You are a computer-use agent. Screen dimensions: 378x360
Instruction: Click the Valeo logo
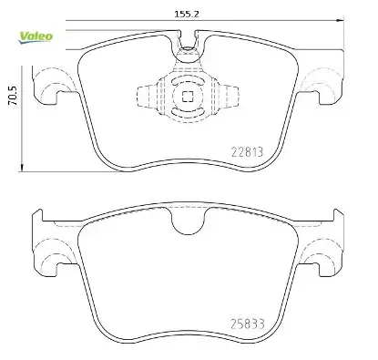tap(36, 37)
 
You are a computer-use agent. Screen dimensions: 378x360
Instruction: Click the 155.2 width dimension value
tap(187, 14)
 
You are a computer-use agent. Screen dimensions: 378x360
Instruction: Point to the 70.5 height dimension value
tap(13, 96)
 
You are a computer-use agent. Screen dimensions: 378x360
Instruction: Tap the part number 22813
tap(247, 152)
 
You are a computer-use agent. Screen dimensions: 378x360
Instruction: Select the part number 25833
tap(248, 324)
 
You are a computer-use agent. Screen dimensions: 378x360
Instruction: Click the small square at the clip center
tap(188, 98)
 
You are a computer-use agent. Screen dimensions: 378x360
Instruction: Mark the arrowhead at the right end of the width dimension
tap(341, 20)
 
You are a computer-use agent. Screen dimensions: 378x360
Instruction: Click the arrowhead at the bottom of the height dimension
tap(22, 168)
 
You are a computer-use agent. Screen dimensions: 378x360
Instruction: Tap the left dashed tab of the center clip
tap(148, 97)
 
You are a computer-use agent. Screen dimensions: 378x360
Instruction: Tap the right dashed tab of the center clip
tap(228, 97)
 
